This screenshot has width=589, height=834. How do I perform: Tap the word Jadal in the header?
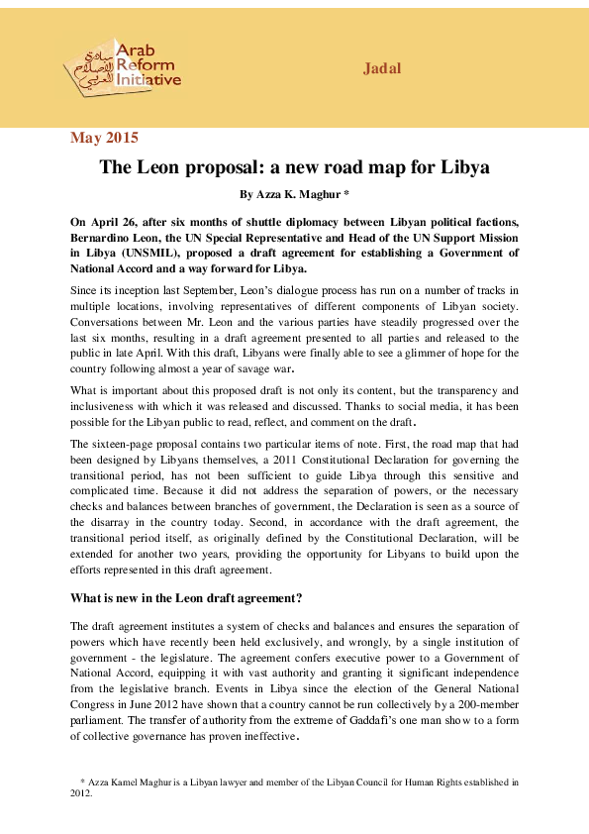381,68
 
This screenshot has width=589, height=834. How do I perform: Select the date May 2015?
104,138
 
